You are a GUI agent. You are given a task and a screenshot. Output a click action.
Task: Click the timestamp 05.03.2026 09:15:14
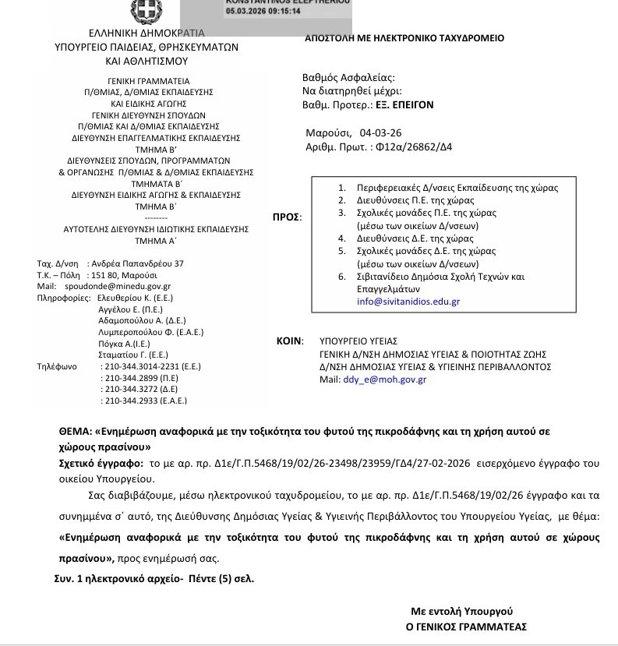(263, 12)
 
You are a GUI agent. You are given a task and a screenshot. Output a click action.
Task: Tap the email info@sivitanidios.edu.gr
(408, 301)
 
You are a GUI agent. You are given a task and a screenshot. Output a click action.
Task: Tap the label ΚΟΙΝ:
(291, 341)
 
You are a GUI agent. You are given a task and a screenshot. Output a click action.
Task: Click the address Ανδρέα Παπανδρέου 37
(136, 263)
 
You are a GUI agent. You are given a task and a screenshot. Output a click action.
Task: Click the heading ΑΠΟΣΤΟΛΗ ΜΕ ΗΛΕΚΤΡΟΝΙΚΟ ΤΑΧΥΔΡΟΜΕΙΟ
(404, 38)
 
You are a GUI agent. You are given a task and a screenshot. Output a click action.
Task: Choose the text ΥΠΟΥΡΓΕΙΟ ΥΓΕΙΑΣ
(358, 341)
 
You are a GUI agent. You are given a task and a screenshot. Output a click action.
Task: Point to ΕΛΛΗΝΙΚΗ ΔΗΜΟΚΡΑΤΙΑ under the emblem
(147, 34)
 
